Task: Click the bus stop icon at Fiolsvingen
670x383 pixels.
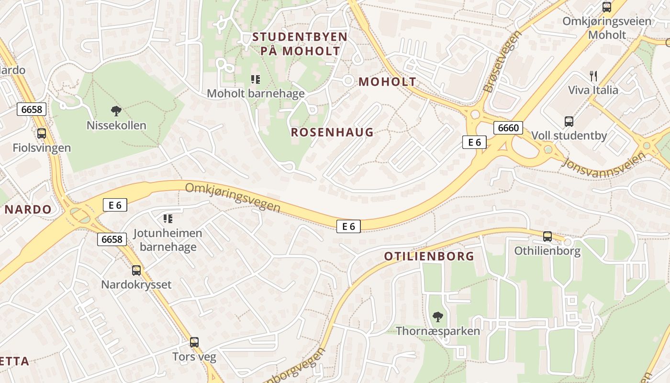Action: (x=42, y=134)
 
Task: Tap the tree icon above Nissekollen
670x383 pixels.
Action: (x=116, y=112)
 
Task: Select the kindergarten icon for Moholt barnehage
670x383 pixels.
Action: (x=256, y=79)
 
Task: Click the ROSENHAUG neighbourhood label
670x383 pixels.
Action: (x=332, y=133)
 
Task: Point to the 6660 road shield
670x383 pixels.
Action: (x=508, y=128)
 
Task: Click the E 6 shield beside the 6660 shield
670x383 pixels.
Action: (x=474, y=142)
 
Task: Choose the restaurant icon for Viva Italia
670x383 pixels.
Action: (x=593, y=76)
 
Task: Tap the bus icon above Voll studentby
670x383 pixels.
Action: (x=569, y=122)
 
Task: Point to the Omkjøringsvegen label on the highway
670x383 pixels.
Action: (x=233, y=197)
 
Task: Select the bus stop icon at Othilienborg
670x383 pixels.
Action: (x=547, y=237)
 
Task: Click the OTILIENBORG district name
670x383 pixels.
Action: (x=429, y=256)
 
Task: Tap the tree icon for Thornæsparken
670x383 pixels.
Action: (x=437, y=316)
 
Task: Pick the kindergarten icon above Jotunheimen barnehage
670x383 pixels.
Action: (x=168, y=219)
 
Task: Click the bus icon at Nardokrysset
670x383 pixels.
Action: (x=136, y=270)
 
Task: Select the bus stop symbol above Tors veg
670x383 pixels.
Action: (x=194, y=342)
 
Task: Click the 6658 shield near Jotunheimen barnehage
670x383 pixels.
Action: (x=112, y=239)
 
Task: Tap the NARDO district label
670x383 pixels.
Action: (x=28, y=209)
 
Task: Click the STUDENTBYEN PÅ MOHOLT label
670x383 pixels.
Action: (x=300, y=44)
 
